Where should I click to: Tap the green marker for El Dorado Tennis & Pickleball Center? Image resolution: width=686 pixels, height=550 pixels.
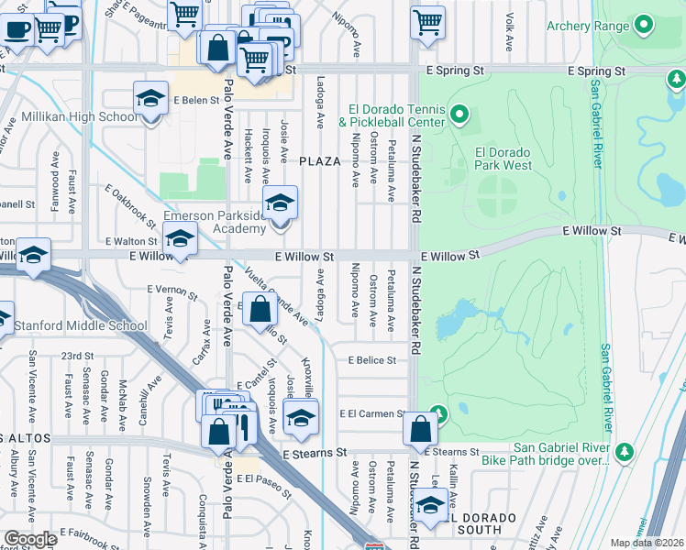click(x=459, y=115)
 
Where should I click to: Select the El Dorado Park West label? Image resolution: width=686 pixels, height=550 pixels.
click(x=503, y=159)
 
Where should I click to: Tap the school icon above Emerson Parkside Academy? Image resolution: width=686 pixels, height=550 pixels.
click(x=280, y=203)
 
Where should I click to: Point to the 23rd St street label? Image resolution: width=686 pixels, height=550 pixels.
click(x=77, y=356)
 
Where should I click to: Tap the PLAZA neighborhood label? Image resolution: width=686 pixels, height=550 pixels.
click(x=320, y=161)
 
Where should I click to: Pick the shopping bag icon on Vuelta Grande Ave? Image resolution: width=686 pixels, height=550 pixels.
click(x=260, y=308)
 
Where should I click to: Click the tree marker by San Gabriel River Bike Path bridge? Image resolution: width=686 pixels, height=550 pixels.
click(x=625, y=451)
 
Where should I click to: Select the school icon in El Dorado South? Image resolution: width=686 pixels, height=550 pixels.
click(x=430, y=503)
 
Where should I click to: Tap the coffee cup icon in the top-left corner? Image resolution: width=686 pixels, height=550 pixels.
click(x=17, y=27)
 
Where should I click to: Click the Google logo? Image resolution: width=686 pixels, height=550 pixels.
click(x=30, y=538)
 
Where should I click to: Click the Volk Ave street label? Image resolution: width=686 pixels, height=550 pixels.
click(x=509, y=20)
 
